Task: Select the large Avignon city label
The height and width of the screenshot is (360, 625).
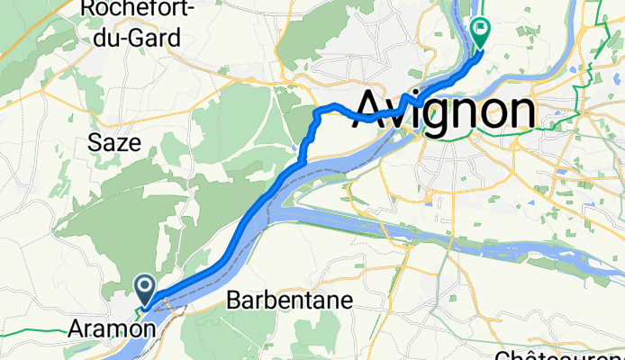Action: [x=447, y=112]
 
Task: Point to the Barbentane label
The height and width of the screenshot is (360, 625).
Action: [x=282, y=300]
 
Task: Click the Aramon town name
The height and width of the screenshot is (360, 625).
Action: [x=111, y=330]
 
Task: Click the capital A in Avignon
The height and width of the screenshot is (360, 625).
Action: [x=378, y=111]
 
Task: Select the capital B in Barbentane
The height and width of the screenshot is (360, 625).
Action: [x=232, y=300]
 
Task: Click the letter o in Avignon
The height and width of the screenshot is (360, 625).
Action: [x=487, y=112]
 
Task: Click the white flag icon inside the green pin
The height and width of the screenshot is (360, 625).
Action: [x=480, y=29]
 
